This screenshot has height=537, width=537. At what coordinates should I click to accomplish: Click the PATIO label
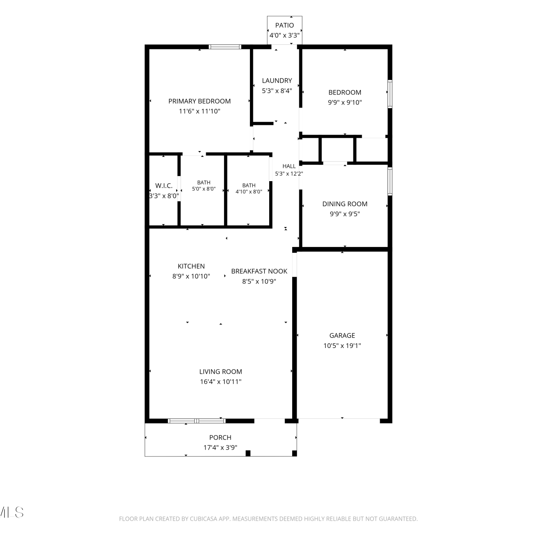pos(285,25)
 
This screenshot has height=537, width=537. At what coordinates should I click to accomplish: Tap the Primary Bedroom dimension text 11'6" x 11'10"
pos(199,111)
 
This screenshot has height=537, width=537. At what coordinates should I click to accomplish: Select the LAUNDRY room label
pos(277,81)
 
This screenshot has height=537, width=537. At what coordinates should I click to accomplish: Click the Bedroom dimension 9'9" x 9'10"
pos(345,102)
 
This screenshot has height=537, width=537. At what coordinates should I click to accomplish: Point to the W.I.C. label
pos(164,186)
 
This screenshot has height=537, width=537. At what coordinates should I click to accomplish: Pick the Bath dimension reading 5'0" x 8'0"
pos(204,189)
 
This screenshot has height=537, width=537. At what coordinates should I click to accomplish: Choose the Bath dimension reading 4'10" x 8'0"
pos(249,192)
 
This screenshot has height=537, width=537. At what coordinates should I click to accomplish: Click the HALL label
pos(289,166)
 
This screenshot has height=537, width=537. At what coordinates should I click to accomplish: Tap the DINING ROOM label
pos(345,204)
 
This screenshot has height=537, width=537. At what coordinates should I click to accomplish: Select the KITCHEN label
pos(191,266)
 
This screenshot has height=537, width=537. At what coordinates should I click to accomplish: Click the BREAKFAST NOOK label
pos(259,271)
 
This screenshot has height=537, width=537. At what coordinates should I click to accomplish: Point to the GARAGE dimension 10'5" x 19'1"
pos(342,346)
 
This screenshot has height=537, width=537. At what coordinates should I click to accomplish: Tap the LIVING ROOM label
pos(221,372)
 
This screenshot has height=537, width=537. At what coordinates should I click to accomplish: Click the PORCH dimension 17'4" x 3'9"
pos(220,447)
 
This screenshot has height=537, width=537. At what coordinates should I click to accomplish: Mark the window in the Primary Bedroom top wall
pos(225,47)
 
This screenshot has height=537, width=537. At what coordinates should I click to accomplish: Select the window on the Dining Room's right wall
pos(390,182)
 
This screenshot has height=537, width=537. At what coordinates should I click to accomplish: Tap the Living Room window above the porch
pos(197,421)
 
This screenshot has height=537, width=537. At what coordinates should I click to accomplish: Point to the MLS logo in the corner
pos(12,512)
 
